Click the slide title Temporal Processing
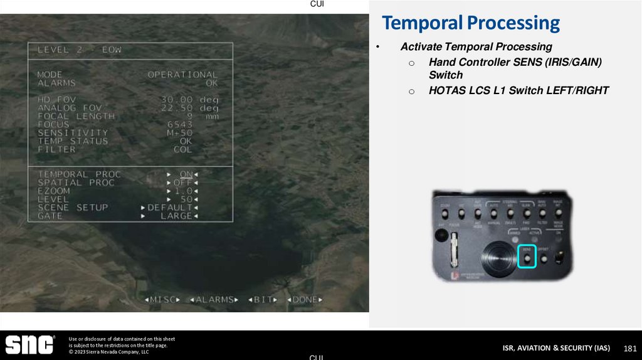point(470,23)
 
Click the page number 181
point(630,348)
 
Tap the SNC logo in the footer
point(30,345)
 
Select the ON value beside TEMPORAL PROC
point(186,174)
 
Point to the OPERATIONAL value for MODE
point(182,75)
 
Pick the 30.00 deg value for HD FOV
point(189,100)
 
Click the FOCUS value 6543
point(179,125)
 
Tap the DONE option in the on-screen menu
point(305,300)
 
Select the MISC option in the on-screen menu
point(165,300)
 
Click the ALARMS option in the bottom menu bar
point(214,300)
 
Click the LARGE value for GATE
point(176,216)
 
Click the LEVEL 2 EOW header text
point(80,50)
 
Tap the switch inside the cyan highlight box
point(527,258)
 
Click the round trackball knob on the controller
point(498,258)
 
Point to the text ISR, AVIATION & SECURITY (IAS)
point(556,348)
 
